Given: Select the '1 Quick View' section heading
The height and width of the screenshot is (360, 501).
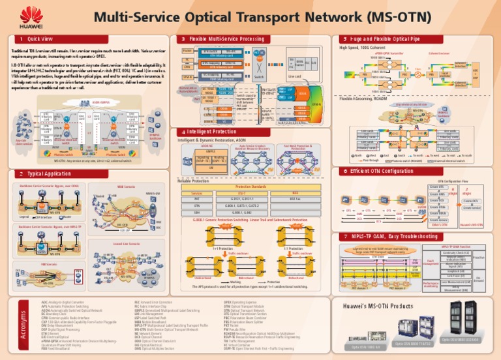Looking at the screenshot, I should pyautogui.click(x=37, y=39).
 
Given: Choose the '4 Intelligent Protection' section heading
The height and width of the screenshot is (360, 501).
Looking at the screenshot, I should pyautogui.click(x=211, y=132).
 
